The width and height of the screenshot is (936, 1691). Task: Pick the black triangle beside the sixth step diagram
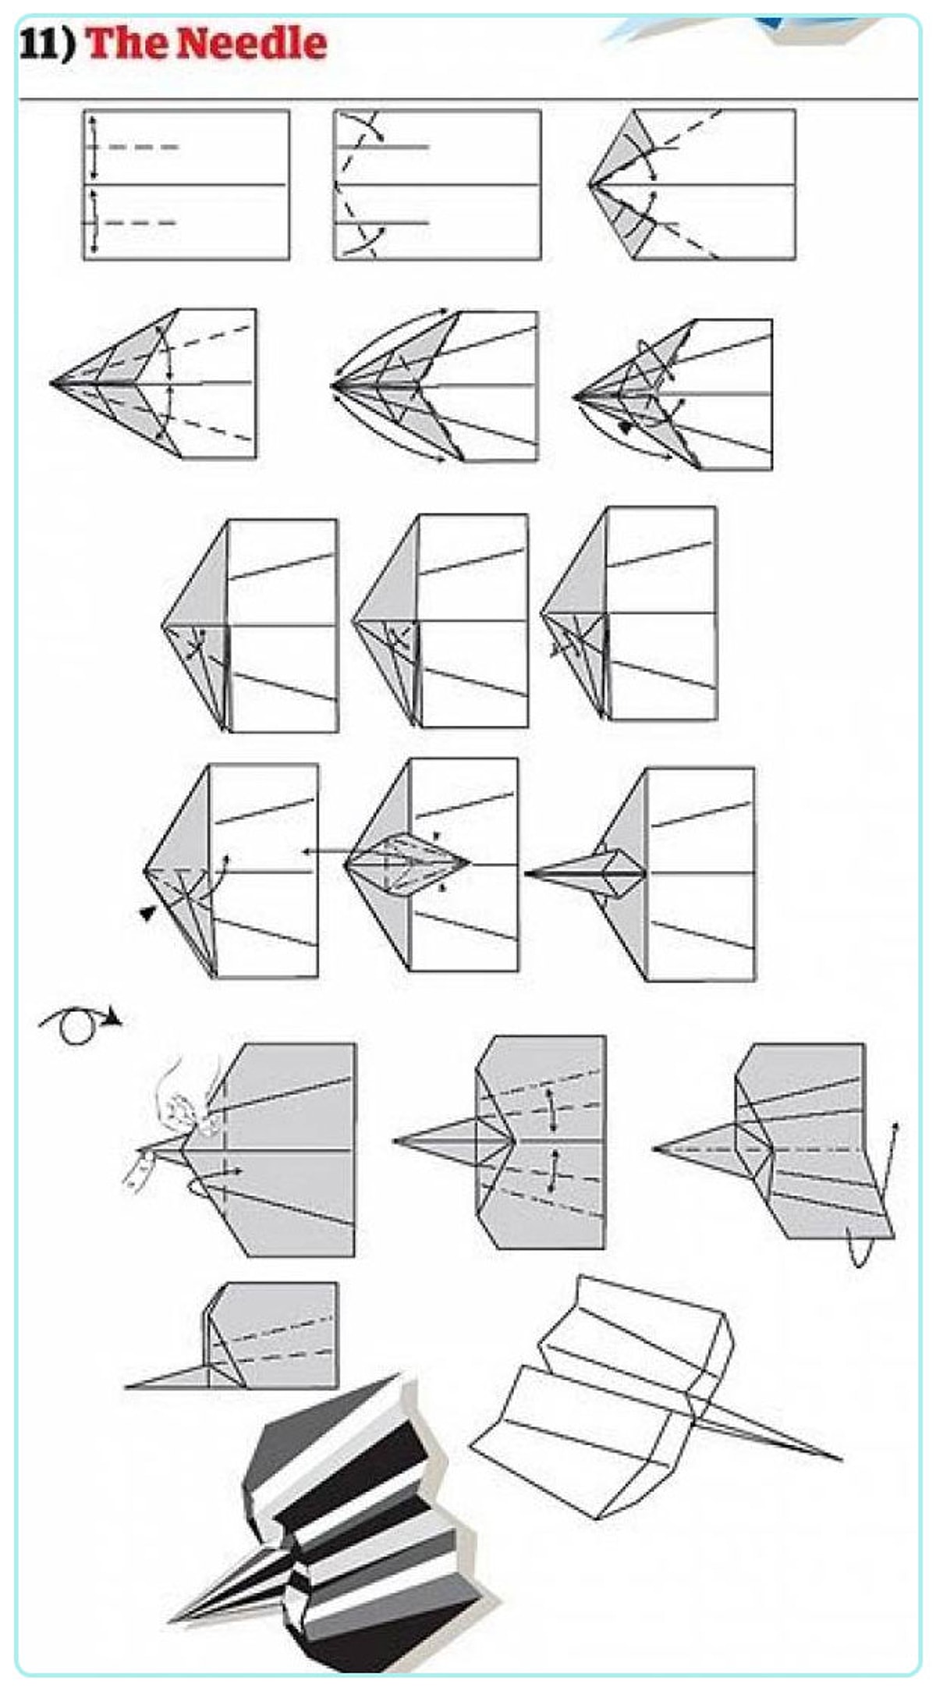click(x=624, y=426)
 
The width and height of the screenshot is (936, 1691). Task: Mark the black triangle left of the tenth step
click(x=147, y=913)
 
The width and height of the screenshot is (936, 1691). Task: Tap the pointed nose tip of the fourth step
click(x=51, y=383)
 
